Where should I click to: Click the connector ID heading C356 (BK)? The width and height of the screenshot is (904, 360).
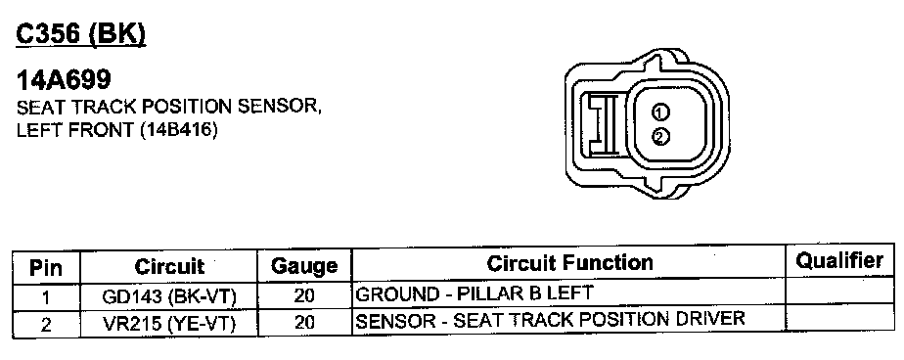tap(80, 34)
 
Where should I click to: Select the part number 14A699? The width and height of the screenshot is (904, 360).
tap(64, 80)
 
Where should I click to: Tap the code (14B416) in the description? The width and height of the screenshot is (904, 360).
tap(179, 130)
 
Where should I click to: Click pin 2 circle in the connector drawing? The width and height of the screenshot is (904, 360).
tap(660, 137)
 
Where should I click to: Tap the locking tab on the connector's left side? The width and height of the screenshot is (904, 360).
tap(602, 124)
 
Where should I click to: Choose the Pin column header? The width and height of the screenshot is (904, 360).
tap(46, 268)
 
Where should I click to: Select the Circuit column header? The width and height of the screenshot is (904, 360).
tap(169, 266)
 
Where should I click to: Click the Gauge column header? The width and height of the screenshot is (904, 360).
tap(304, 266)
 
